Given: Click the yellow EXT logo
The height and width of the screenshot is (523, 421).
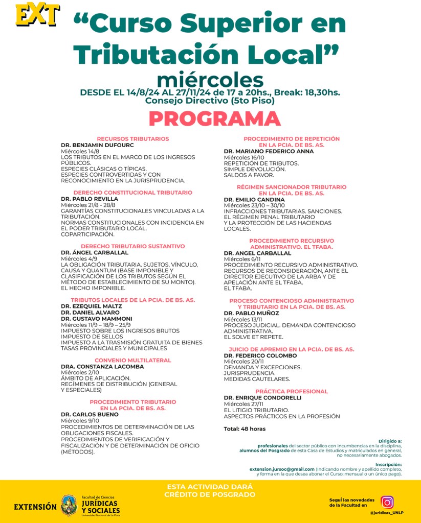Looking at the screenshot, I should [x=37, y=15].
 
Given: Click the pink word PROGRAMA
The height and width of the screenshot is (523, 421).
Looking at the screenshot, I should [x=214, y=118].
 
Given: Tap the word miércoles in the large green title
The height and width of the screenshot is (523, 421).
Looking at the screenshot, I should [x=210, y=80].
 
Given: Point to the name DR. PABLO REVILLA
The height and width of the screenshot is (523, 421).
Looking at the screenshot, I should [x=90, y=199].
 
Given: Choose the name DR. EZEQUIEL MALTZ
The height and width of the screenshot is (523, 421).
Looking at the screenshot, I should [x=92, y=305].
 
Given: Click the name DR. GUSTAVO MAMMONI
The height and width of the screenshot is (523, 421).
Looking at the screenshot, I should [x=96, y=318].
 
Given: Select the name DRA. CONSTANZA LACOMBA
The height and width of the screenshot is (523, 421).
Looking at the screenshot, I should [x=102, y=366].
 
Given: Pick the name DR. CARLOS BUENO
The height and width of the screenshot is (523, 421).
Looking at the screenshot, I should [x=90, y=414].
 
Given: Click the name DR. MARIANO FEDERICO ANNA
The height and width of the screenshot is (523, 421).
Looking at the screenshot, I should [x=269, y=151].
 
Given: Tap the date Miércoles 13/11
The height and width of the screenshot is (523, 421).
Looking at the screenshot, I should [x=243, y=319].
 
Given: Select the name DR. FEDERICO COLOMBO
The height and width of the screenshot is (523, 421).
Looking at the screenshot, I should [x=260, y=355].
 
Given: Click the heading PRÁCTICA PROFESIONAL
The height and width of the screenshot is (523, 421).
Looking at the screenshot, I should [x=292, y=391].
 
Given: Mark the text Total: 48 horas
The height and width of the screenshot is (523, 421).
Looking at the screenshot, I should [x=245, y=429].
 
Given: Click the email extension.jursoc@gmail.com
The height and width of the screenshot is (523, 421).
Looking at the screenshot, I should [x=282, y=469].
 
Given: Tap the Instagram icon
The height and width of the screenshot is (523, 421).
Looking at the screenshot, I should [x=387, y=502].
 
